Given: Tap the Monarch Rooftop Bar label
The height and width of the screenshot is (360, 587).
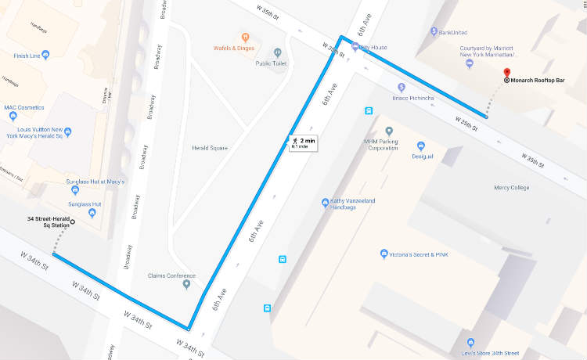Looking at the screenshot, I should point(542,80).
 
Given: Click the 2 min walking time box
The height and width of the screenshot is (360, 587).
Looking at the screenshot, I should point(302,142).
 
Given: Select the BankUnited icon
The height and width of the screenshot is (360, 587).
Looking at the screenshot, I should point(434,32).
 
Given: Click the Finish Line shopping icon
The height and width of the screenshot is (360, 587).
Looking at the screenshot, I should point(45,55).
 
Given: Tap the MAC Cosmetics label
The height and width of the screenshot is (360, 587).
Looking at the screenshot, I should point(23,107).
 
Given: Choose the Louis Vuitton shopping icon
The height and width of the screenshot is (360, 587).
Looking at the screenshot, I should point(68,131).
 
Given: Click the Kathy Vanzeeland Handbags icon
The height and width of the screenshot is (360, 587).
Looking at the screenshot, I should point(325,203).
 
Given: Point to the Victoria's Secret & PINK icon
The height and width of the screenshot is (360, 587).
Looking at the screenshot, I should point(384,254).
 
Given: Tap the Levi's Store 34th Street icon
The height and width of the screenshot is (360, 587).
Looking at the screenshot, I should point(470,343).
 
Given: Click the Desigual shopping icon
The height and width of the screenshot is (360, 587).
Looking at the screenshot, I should point(420,146).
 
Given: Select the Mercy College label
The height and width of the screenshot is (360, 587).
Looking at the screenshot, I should point(511,188).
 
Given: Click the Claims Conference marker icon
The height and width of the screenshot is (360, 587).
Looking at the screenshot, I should point(186,284).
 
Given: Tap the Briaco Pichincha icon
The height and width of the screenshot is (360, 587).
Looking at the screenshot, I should point(401,87).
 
